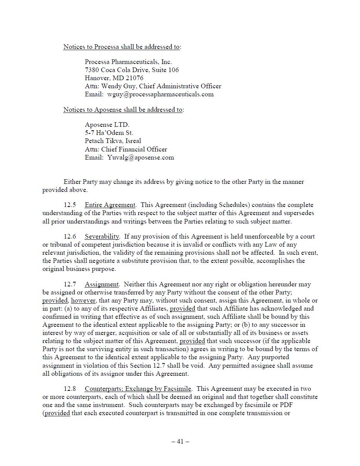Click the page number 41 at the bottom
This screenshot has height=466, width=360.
point(180,441)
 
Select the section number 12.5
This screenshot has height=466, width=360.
point(70,205)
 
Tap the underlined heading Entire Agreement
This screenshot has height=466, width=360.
point(110,205)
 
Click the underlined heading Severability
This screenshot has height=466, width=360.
point(102,236)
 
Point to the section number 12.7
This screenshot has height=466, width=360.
point(70,284)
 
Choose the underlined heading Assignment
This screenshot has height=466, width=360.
point(101,284)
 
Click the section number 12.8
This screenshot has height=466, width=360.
point(70,389)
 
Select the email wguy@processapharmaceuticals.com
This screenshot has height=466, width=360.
point(160,94)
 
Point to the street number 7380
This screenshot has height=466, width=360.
point(92,70)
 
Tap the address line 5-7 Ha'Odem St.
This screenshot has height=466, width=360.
point(109,133)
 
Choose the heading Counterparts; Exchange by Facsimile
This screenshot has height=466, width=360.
point(138,389)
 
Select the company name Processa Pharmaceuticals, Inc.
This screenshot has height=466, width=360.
point(128,62)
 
